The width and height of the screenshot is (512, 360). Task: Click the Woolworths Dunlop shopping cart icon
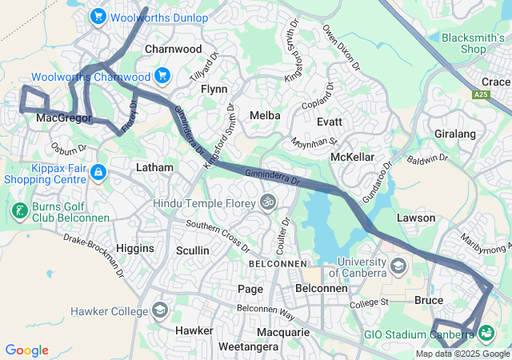98,16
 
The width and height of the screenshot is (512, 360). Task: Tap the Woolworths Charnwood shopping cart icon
162,76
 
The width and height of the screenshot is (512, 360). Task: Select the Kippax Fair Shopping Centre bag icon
98,172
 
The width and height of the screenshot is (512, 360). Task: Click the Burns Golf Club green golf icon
18,212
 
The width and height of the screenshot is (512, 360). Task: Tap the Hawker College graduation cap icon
160,310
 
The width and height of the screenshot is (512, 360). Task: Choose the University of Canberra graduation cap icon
398,266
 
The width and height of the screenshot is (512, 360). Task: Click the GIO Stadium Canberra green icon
486,333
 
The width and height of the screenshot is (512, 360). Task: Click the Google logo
26,350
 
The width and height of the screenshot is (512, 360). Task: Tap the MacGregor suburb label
61,118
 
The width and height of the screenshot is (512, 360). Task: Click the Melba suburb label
265,115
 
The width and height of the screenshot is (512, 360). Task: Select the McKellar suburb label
353,156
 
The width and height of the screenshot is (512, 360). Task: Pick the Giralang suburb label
454,134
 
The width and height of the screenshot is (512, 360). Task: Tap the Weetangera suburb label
248,347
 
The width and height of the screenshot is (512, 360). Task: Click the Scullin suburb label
192,250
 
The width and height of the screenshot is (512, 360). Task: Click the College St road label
368,302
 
